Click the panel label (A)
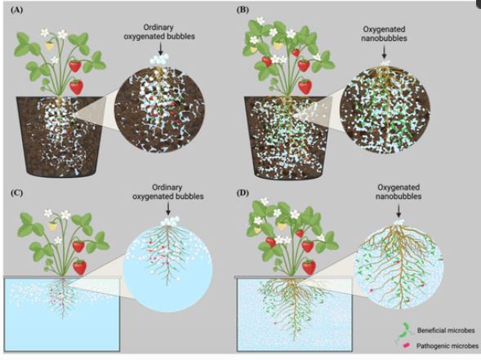point(16,10)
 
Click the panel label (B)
point(243,10)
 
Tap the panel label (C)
point(16,193)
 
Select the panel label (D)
point(243,193)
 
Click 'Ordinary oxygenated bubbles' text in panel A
point(159,32)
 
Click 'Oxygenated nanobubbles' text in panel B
point(384,33)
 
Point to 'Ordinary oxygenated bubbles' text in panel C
point(167,192)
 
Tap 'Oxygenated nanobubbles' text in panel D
point(399,192)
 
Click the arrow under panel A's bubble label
point(160,49)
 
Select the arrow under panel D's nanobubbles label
point(399,211)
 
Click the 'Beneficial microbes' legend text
point(446,331)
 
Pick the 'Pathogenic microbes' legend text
point(448,346)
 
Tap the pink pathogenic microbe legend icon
point(407,345)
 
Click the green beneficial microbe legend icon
point(405,331)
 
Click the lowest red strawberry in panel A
point(76,87)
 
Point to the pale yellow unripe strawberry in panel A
point(49,47)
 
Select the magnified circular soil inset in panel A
point(159,109)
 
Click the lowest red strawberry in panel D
point(309,267)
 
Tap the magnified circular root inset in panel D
point(399,265)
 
